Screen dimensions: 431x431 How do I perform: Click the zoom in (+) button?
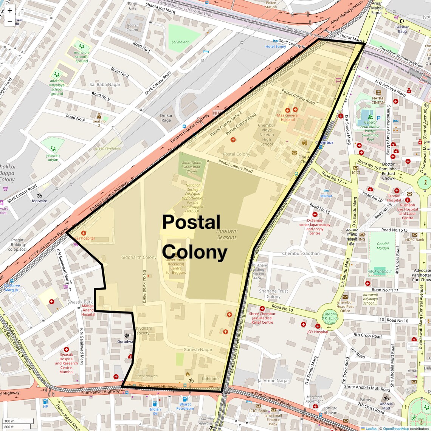(10, 11)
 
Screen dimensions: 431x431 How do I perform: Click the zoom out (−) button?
(10, 21)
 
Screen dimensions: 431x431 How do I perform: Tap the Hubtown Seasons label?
(227, 234)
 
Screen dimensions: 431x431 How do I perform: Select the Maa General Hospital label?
(288, 117)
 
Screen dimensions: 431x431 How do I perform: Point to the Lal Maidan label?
(180, 42)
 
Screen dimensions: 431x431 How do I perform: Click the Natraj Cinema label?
(378, 100)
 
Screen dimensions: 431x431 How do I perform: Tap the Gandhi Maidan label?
(383, 246)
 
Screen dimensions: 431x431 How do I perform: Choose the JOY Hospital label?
(318, 332)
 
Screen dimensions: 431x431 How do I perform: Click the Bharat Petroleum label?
(185, 406)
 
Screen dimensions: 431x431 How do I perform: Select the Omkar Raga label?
(166, 118)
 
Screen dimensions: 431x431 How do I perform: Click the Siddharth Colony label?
(139, 257)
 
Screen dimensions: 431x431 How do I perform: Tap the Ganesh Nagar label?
(198, 349)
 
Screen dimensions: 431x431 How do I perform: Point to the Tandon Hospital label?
(394, 198)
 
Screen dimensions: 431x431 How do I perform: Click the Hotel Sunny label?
(276, 47)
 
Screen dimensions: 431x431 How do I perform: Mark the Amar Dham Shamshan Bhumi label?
(192, 167)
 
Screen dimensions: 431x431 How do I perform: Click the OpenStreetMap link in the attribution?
(395, 428)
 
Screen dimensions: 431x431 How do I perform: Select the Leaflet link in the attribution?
(371, 428)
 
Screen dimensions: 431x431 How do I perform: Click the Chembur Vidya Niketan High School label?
(267, 135)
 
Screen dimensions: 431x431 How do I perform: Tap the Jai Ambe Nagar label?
(273, 381)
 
